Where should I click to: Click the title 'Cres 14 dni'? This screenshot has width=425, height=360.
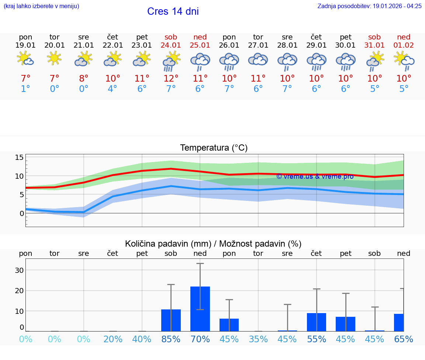pyautogui.click(x=173, y=11)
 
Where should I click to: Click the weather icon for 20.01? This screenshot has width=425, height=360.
pyautogui.click(x=55, y=58)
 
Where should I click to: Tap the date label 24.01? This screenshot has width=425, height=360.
pyautogui.click(x=171, y=45)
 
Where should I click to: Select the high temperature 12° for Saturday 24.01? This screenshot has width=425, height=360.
pyautogui.click(x=171, y=79)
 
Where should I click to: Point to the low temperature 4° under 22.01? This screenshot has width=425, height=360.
pyautogui.click(x=113, y=89)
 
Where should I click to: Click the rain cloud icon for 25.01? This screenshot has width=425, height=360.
pyautogui.click(x=200, y=61)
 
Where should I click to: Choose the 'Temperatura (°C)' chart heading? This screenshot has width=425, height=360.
pyautogui.click(x=214, y=148)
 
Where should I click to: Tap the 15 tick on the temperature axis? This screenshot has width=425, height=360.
pyautogui.click(x=19, y=158)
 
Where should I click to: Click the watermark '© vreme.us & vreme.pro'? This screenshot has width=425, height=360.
pyautogui.click(x=315, y=176)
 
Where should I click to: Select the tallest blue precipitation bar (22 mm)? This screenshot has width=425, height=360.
pyautogui.click(x=200, y=309)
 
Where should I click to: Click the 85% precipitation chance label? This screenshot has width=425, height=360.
pyautogui.click(x=171, y=339)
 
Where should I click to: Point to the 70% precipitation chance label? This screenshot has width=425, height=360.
pyautogui.click(x=200, y=339)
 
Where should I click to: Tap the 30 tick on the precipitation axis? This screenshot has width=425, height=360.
pyautogui.click(x=19, y=270)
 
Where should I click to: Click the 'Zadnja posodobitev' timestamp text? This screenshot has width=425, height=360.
pyautogui.click(x=369, y=6)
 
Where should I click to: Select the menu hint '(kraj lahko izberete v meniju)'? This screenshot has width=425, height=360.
pyautogui.click(x=41, y=6)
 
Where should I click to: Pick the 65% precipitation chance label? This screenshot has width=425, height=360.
pyautogui.click(x=404, y=339)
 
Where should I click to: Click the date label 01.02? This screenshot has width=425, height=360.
pyautogui.click(x=404, y=45)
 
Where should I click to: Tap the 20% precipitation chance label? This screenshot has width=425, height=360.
pyautogui.click(x=113, y=339)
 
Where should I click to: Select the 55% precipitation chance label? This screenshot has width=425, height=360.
pyautogui.click(x=317, y=339)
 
